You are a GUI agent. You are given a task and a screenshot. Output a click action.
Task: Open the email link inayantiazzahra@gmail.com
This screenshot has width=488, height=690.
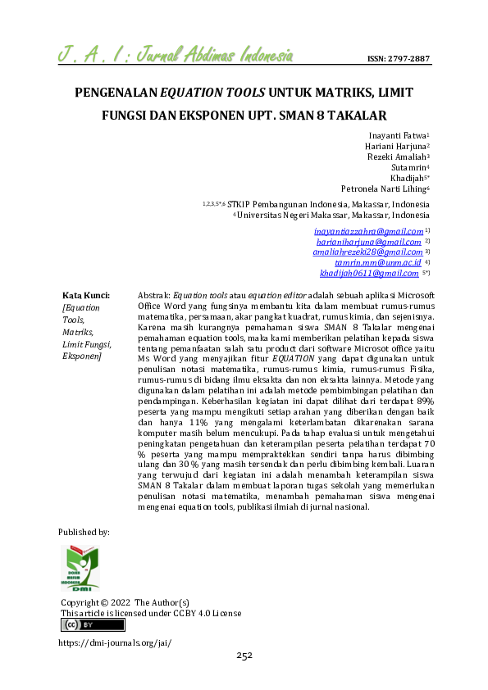point(368,231)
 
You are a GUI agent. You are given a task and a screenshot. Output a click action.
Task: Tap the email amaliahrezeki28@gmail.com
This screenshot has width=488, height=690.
point(367,252)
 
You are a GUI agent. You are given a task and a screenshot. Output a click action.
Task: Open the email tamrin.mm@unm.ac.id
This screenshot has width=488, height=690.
point(378,263)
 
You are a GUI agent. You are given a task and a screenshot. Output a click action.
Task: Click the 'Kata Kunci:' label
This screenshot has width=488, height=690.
point(86,294)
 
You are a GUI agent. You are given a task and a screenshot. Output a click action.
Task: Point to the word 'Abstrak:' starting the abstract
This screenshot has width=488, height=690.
point(155,294)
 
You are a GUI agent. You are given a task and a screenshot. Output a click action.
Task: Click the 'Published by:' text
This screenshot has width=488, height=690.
point(84,532)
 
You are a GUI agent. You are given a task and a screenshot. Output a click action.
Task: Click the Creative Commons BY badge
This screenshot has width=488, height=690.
point(93,625)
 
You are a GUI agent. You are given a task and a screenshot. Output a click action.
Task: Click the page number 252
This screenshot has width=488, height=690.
point(244,656)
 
